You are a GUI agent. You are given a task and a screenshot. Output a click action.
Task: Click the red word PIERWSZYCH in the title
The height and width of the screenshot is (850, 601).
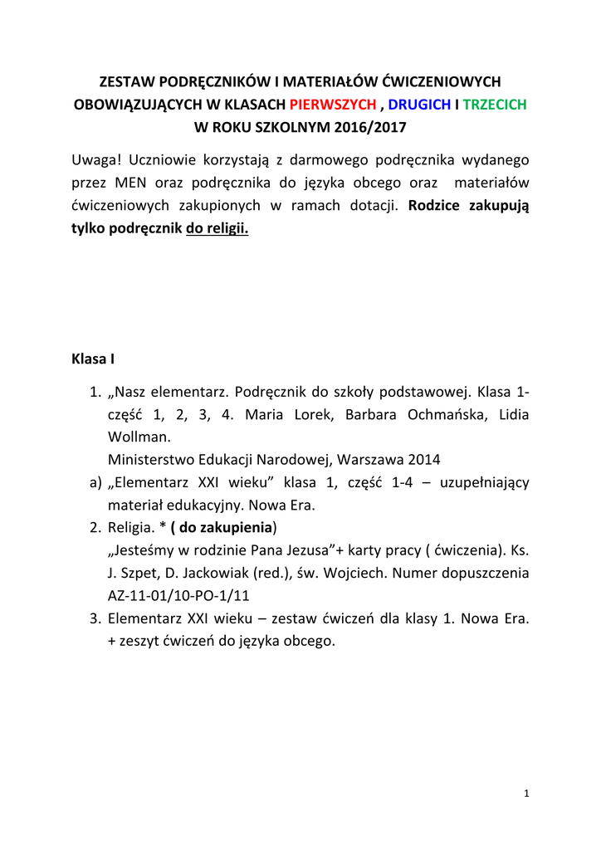pyautogui.click(x=333, y=105)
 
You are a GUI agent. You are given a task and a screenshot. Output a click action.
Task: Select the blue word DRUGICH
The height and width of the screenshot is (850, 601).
pyautogui.click(x=419, y=105)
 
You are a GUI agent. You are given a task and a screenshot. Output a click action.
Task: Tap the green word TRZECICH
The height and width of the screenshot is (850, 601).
pyautogui.click(x=494, y=105)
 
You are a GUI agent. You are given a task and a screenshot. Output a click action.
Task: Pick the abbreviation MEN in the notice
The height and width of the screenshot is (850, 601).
pyautogui.click(x=130, y=182)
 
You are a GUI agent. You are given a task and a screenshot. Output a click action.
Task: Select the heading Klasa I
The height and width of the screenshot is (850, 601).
pyautogui.click(x=93, y=359)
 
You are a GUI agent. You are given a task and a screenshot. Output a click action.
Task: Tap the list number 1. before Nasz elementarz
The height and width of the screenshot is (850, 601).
pyautogui.click(x=95, y=391)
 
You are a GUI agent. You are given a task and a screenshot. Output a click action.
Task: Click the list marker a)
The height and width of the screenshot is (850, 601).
pyautogui.click(x=94, y=482)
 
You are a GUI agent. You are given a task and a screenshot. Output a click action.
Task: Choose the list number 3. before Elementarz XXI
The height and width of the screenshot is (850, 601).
pyautogui.click(x=95, y=618)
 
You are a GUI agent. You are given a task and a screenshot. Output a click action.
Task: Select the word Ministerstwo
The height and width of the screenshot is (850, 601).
pyautogui.click(x=151, y=459)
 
